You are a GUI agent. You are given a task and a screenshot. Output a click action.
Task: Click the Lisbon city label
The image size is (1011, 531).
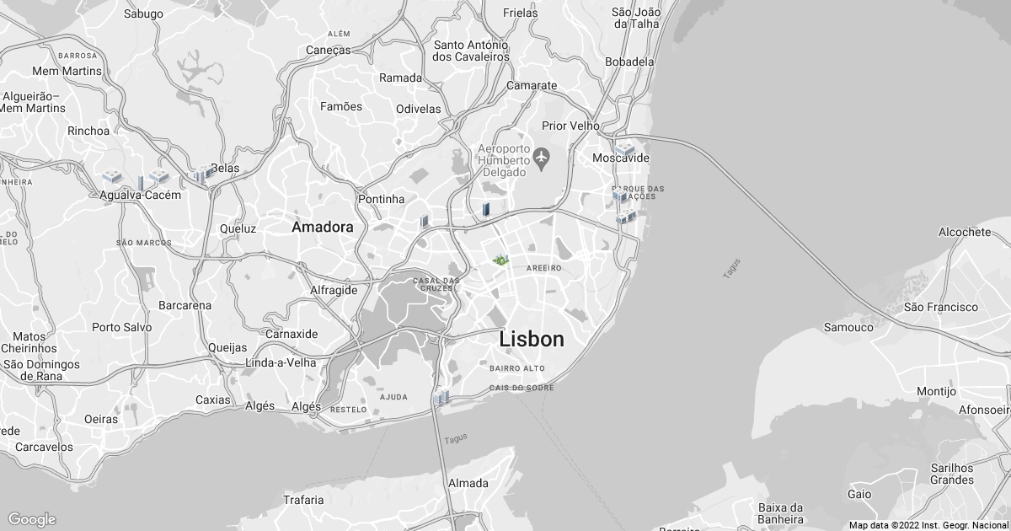[x=532, y=339]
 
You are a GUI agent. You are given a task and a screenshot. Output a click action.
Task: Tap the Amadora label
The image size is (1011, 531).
[x=323, y=228]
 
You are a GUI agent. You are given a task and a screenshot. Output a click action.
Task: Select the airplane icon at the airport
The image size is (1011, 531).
[x=541, y=157]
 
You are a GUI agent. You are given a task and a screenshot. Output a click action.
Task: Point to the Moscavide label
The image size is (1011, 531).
[x=621, y=158]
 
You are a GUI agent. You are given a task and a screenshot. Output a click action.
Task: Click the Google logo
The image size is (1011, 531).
[x=32, y=519]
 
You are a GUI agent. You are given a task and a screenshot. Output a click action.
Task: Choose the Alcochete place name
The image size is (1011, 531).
[x=965, y=232]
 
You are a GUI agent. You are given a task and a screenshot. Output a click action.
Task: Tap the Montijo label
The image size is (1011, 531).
[x=936, y=391]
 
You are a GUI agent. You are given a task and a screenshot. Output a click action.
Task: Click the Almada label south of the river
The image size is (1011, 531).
[x=468, y=483]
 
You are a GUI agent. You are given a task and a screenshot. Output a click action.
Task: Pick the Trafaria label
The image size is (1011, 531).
[x=303, y=500]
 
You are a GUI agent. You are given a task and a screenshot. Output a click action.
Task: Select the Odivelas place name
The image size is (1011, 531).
[x=419, y=109]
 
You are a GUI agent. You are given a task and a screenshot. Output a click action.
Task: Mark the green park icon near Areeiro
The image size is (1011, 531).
[x=500, y=260]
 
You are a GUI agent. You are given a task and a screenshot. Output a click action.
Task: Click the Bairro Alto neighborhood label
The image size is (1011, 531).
[x=516, y=368]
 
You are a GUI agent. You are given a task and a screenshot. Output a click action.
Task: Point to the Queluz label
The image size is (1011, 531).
[x=238, y=228]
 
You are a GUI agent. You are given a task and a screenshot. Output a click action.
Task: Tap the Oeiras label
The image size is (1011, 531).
[x=101, y=419]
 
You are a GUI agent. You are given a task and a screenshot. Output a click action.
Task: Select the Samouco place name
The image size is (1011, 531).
[x=848, y=327]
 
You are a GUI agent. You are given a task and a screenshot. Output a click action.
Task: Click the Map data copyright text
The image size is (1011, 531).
[x=927, y=525]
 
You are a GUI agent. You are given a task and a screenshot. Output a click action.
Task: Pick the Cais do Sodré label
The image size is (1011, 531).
[x=522, y=388]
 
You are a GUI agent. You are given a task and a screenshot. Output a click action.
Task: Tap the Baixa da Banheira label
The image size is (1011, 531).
[x=781, y=513]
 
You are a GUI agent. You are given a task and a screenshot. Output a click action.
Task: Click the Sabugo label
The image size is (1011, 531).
[x=143, y=13]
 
